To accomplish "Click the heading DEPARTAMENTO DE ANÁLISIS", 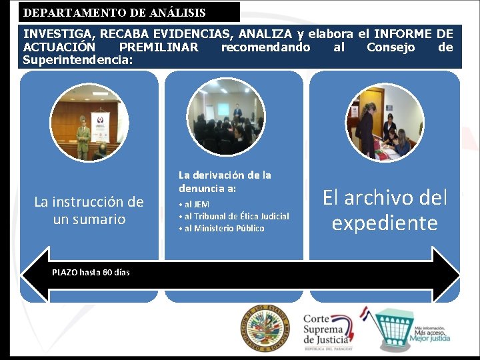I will [x=115, y=13].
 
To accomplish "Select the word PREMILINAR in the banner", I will [x=158, y=47].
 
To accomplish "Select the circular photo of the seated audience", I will [x=225, y=117].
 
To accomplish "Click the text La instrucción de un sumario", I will [x=89, y=210].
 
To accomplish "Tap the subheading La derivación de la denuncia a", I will [x=225, y=181].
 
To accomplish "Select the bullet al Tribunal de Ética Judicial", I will [x=233, y=216].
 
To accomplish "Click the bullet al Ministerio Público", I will [x=221, y=228].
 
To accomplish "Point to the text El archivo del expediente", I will [x=385, y=210].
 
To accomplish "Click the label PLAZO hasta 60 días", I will [x=91, y=272].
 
